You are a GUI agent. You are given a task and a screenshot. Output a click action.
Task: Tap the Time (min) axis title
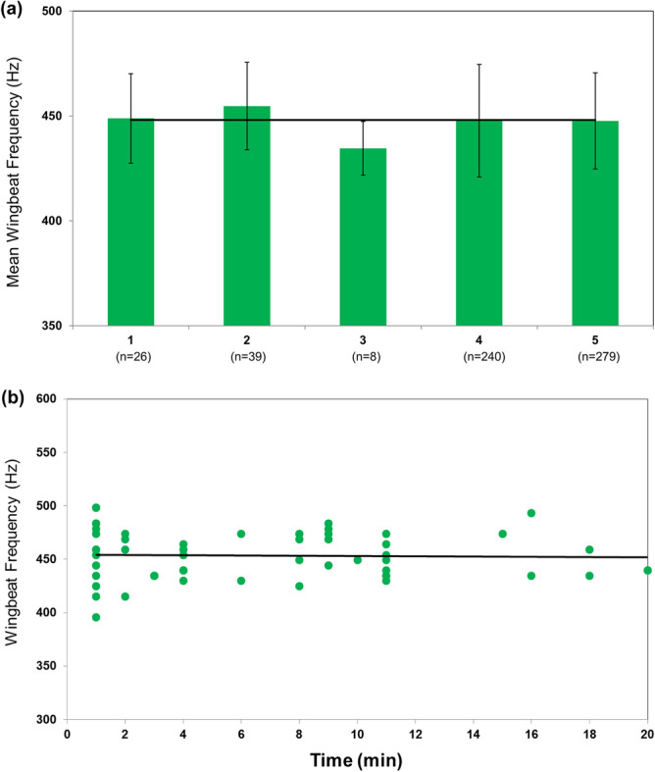coord(357,759)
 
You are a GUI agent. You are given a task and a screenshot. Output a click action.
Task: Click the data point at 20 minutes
coord(647,570)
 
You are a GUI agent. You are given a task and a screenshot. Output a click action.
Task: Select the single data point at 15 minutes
coord(502,534)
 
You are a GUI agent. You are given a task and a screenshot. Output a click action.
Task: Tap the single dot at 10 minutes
coord(357,560)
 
